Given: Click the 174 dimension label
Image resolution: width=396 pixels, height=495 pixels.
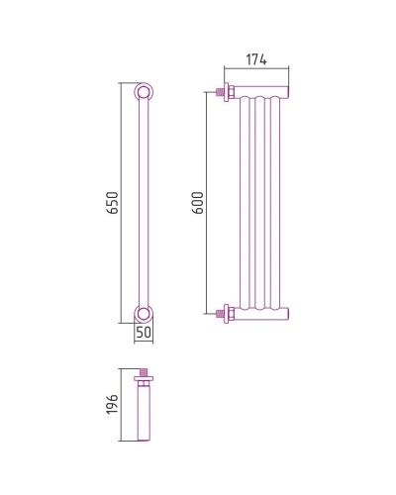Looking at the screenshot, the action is (256, 59).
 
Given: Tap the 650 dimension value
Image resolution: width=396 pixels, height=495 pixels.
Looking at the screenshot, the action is (112, 203).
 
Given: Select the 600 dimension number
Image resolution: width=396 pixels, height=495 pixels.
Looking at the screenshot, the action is (198, 203).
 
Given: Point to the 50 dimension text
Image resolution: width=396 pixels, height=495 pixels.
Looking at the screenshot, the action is (144, 333).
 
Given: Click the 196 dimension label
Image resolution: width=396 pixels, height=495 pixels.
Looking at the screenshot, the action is (112, 404).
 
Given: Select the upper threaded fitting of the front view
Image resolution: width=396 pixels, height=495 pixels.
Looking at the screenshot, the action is (225, 92).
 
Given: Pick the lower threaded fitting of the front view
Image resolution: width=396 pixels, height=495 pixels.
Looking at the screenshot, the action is (225, 314).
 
